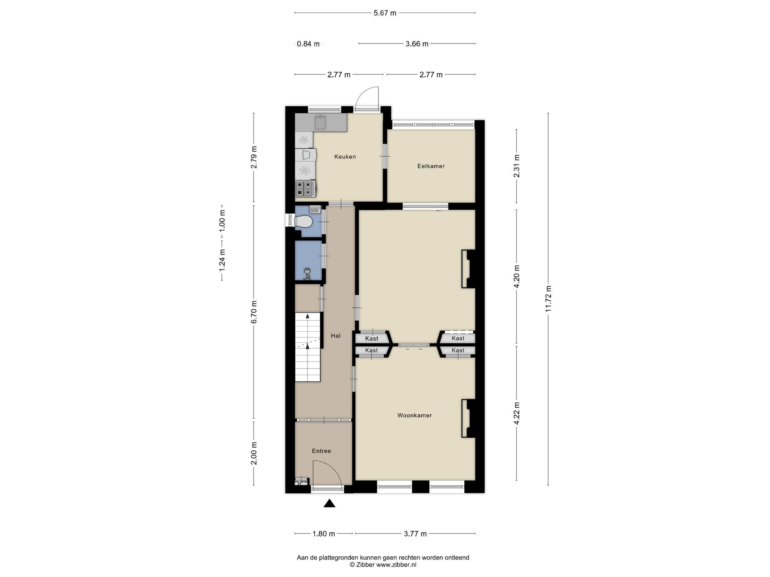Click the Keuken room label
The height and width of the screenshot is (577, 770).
[x=345, y=157]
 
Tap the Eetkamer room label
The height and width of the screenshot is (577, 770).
[x=431, y=166]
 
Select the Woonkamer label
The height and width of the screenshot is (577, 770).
[x=414, y=415]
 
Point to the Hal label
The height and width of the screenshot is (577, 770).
[x=335, y=336]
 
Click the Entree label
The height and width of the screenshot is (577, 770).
[x=321, y=451]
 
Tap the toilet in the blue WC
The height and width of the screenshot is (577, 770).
[x=303, y=222]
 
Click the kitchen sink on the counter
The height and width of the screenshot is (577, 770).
[x=320, y=122]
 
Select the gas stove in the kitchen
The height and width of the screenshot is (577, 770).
[x=306, y=189]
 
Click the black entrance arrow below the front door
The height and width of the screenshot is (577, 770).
[x=329, y=503]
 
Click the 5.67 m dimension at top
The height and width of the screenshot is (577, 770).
[x=385, y=13]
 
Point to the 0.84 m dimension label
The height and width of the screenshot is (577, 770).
[x=308, y=44]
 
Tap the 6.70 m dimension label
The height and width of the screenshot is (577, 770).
[x=254, y=312]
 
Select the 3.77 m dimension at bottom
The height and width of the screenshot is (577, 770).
[x=415, y=534]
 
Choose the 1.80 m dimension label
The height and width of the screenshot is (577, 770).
[x=324, y=534]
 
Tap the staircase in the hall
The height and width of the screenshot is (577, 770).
[x=308, y=347]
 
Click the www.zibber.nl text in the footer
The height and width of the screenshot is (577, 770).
[x=396, y=565]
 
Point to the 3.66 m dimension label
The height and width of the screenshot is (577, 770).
[x=417, y=44]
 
